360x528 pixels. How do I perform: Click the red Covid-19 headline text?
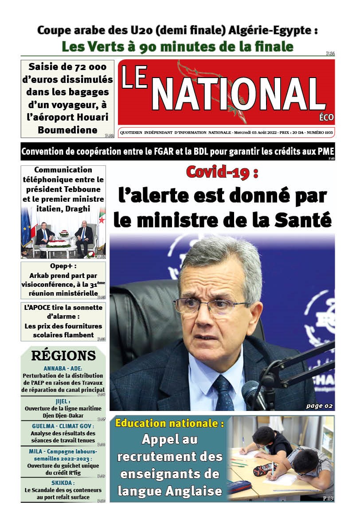(x=222, y=172)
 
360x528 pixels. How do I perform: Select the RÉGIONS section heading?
(x=63, y=356)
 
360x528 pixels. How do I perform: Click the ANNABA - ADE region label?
(x=63, y=369)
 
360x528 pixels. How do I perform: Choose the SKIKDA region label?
(x=63, y=483)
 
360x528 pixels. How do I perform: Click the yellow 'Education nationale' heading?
(x=169, y=423)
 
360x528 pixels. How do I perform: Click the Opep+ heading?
(x=63, y=266)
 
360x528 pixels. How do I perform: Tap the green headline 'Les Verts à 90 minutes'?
(x=177, y=47)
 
